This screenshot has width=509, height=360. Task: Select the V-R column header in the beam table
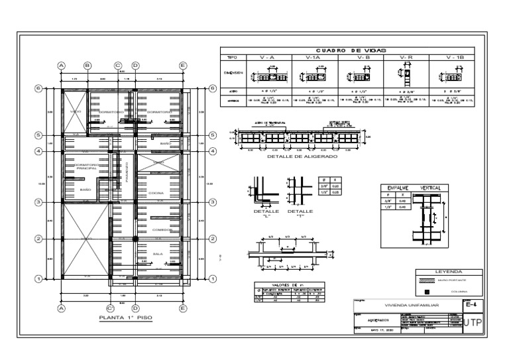point(406,58)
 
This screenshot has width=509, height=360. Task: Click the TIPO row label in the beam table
point(232,58)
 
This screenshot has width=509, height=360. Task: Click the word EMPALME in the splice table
point(398,188)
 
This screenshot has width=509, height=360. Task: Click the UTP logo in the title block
point(475,323)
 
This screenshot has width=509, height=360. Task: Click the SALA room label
point(158,253)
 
